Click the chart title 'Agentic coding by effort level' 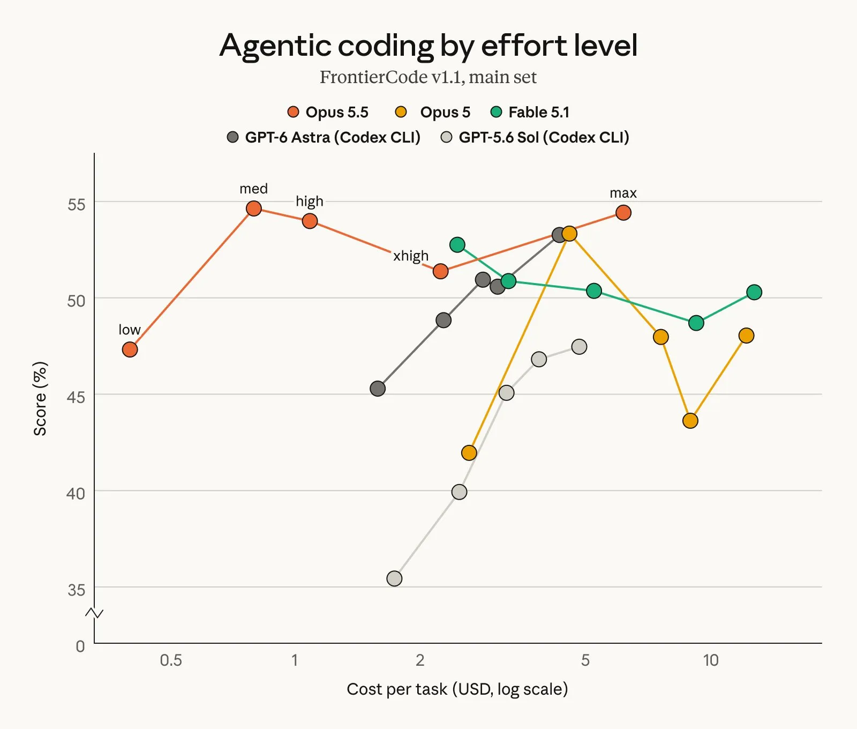(x=428, y=45)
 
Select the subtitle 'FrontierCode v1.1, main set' (x=428, y=77)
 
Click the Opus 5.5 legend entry (x=328, y=112)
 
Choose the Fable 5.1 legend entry (x=530, y=112)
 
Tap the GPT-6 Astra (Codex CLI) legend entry (x=324, y=137)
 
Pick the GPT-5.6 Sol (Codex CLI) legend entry (x=535, y=137)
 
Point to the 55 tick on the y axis (x=76, y=204)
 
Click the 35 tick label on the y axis (x=76, y=590)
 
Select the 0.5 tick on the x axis (x=171, y=660)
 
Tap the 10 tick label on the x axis (x=711, y=660)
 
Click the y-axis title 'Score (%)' (x=41, y=398)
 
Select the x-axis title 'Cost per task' (x=397, y=689)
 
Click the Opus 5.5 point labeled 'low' (x=130, y=349)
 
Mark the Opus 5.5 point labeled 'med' (x=254, y=209)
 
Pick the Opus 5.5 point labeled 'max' (x=623, y=213)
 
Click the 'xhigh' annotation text (x=411, y=256)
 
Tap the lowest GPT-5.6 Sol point (x=394, y=578)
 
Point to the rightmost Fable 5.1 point (x=754, y=292)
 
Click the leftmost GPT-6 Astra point (x=378, y=389)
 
